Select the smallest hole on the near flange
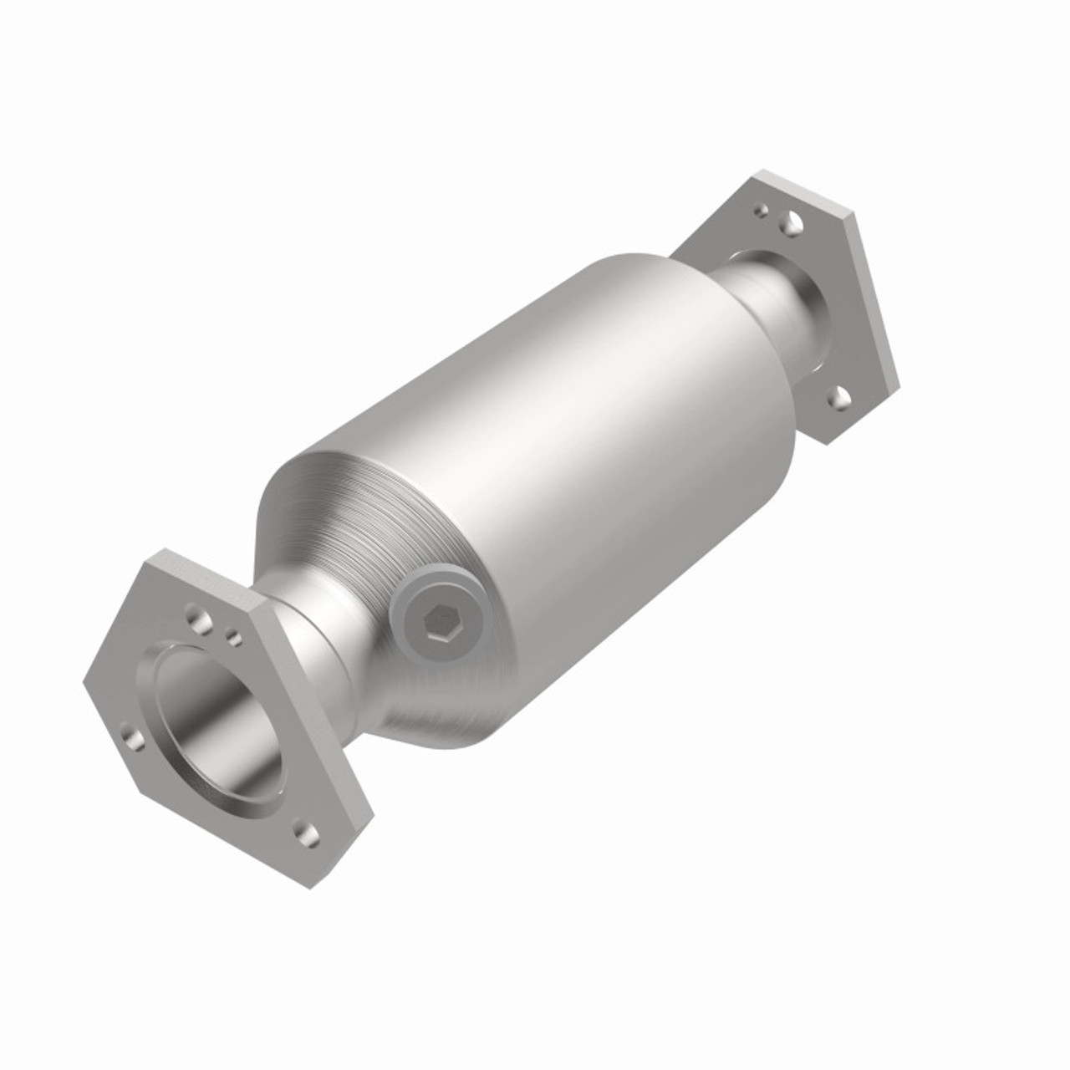(235, 640)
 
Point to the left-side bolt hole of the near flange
(132, 737)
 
